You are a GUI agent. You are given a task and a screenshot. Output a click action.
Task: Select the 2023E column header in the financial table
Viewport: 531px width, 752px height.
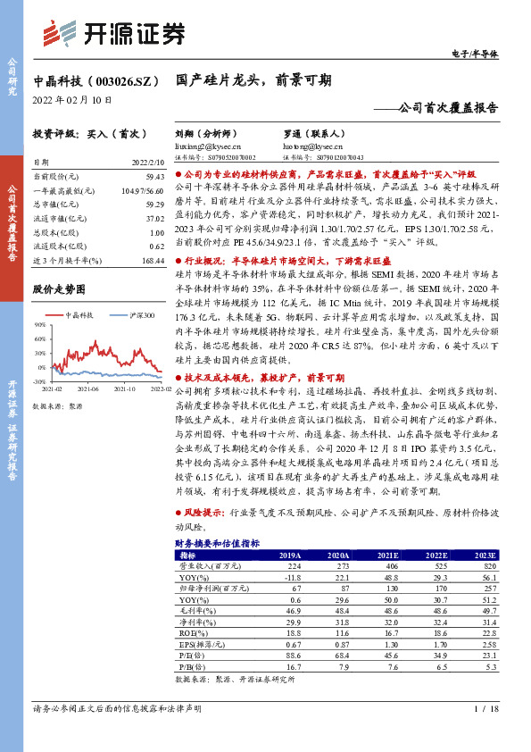tap(485, 555)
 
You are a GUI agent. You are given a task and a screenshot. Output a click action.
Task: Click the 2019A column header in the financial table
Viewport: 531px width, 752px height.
tap(290, 555)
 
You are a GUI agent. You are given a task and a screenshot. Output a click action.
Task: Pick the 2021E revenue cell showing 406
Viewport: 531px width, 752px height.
tap(390, 566)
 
